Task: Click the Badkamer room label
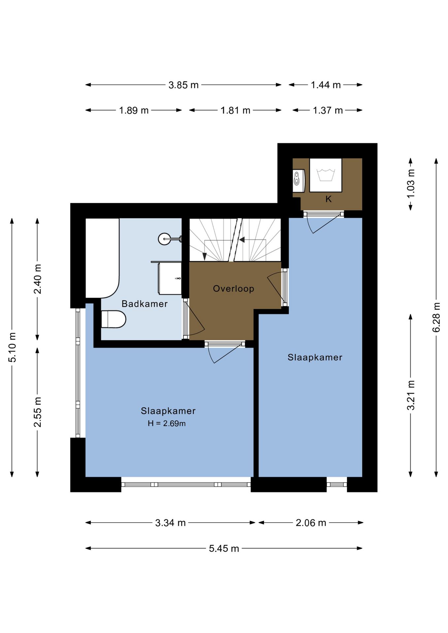(x=144, y=304)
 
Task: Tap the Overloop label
(x=234, y=289)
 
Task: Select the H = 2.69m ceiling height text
(x=167, y=423)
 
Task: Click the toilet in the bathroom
(x=113, y=319)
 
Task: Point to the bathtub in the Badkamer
(x=102, y=258)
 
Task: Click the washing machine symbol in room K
(x=326, y=175)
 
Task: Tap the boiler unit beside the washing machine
(x=299, y=181)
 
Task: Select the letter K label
(x=328, y=199)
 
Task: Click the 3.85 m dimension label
(x=183, y=85)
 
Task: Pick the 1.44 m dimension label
(x=326, y=85)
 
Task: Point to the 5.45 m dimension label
(x=224, y=548)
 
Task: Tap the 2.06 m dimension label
(x=311, y=523)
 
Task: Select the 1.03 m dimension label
(x=411, y=184)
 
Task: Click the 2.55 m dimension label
(x=38, y=412)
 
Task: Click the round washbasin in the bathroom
(x=165, y=239)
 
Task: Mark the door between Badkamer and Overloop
(x=194, y=319)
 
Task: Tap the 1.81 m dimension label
(x=235, y=110)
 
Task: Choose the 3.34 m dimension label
(x=170, y=523)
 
